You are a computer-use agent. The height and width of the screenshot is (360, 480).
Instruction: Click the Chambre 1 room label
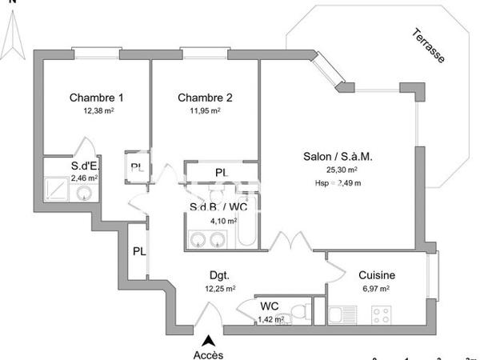[x=96, y=98]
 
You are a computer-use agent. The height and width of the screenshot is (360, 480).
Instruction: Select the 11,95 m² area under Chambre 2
[x=204, y=111]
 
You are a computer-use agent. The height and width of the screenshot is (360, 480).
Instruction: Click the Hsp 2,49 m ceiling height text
[x=338, y=182]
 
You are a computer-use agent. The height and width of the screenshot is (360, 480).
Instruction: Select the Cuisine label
[x=376, y=274]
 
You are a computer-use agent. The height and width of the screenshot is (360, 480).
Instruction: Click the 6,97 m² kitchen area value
[x=374, y=288]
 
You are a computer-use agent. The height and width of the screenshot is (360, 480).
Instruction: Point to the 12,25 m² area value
[x=219, y=288]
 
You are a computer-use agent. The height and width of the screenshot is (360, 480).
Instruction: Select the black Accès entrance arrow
[x=209, y=340]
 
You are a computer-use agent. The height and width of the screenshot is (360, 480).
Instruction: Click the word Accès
[x=209, y=354]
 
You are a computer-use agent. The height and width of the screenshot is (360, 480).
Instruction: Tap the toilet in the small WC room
[x=298, y=313]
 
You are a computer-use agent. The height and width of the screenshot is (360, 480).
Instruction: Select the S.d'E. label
[x=84, y=166]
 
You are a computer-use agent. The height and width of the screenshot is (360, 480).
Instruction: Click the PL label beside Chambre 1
[x=137, y=167]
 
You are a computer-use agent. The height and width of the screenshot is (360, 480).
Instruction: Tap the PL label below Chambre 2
[x=221, y=173]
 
